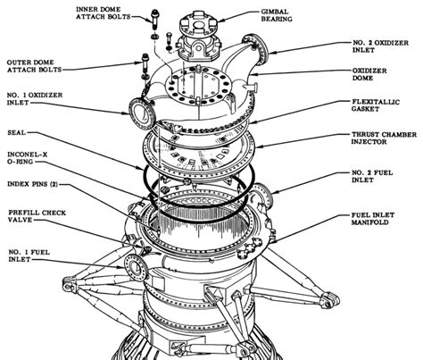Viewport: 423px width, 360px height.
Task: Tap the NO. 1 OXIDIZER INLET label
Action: (x=35, y=101)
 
